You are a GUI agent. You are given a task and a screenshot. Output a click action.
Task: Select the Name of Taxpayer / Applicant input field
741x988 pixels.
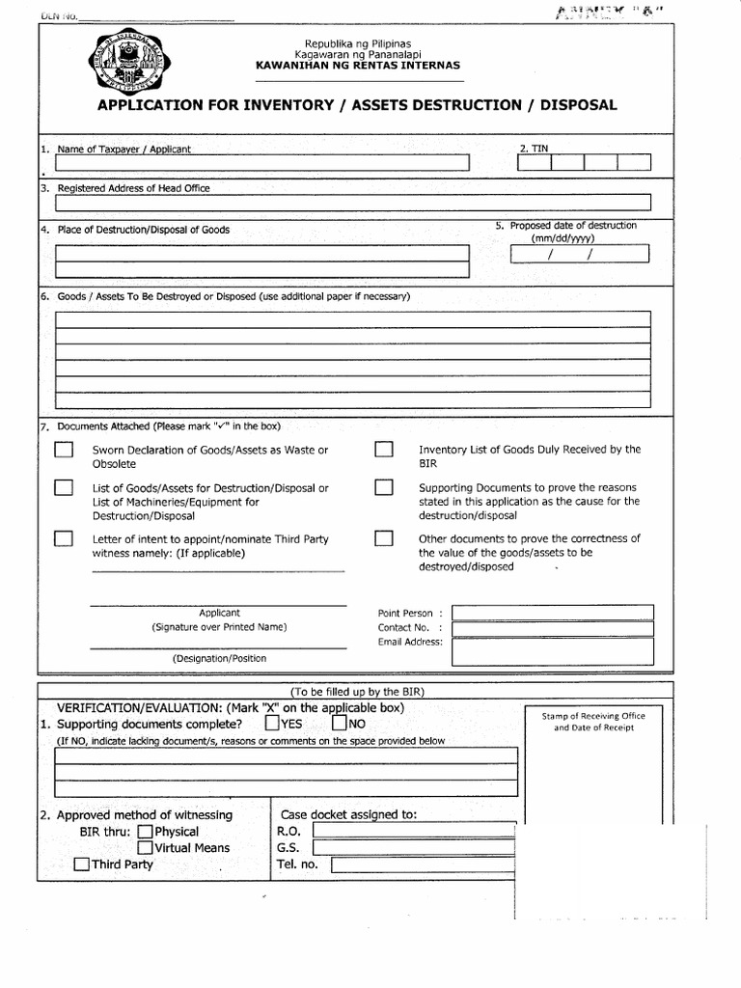[263, 163]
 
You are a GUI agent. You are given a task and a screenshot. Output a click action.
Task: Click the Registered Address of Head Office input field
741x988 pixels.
[353, 203]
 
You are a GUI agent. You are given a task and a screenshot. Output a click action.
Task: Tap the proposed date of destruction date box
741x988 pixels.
[580, 254]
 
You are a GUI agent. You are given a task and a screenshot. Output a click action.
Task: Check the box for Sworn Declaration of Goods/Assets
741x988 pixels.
[64, 451]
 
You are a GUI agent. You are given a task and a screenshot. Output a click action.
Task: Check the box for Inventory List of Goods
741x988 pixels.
[384, 451]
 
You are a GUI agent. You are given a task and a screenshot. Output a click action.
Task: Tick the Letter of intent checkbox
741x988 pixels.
[64, 538]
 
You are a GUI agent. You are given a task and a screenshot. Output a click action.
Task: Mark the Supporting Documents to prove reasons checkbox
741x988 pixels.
[384, 488]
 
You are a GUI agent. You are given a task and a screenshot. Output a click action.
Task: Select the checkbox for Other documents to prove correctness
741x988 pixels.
[384, 538]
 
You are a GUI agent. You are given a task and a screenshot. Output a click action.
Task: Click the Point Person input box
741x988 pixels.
[552, 613]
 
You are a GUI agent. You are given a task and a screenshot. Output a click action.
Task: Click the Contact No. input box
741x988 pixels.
[552, 628]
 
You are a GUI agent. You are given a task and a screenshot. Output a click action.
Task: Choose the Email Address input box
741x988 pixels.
[552, 651]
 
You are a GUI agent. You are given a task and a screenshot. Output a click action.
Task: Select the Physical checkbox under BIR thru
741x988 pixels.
[145, 832]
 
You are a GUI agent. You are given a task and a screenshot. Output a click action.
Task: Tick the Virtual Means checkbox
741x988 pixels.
[145, 848]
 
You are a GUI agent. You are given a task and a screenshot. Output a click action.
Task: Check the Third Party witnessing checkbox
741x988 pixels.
[82, 864]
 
